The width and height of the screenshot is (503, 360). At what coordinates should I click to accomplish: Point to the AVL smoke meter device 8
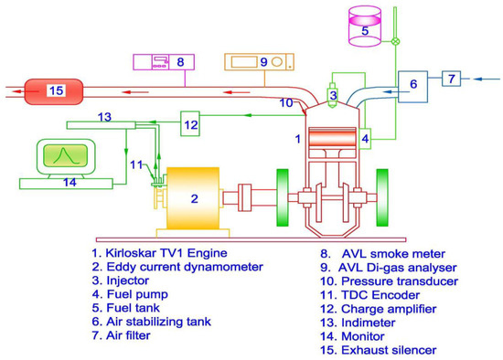(x=159, y=62)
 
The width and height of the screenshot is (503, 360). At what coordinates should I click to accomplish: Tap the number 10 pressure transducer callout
(x=286, y=103)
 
